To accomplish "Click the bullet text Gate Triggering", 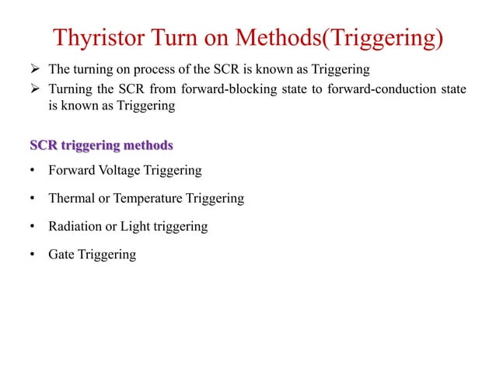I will click(x=92, y=254).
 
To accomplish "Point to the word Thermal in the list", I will click(x=71, y=198).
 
